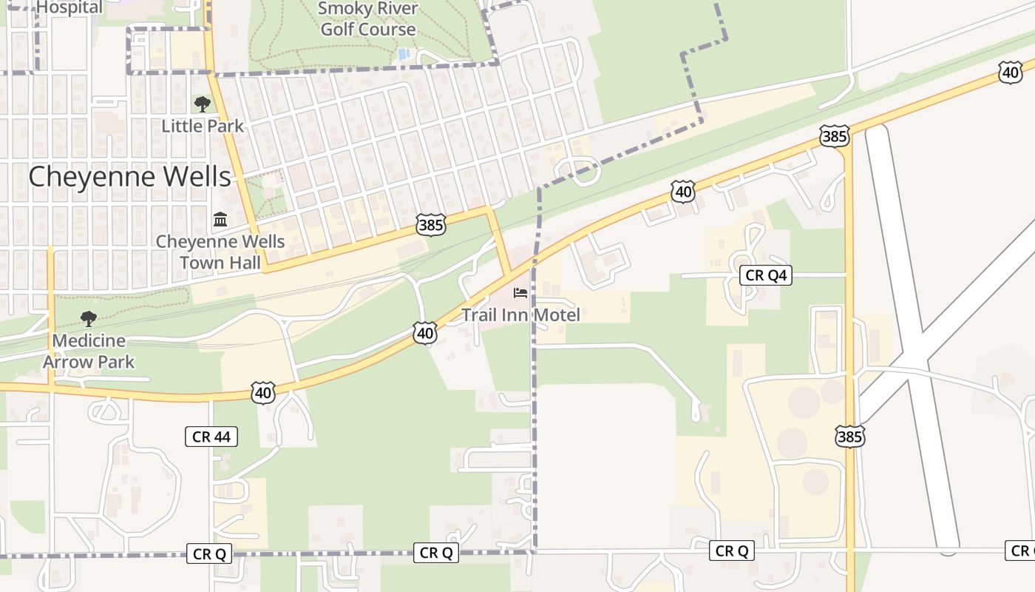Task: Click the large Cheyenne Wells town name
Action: tap(129, 177)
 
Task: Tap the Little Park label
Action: tap(203, 126)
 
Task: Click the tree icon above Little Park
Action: tap(202, 104)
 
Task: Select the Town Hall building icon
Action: tap(220, 220)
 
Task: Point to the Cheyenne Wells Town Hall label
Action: tap(220, 252)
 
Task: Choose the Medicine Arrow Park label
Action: tap(89, 351)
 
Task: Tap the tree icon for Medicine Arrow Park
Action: tap(89, 319)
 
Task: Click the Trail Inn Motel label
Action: tap(520, 314)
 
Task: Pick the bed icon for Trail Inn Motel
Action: tap(520, 293)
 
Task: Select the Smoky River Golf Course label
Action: tap(368, 19)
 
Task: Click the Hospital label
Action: tap(69, 7)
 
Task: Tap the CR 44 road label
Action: tap(211, 437)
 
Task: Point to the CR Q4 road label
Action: tap(766, 276)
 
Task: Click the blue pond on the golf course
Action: tap(403, 54)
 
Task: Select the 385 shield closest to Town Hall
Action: tap(431, 225)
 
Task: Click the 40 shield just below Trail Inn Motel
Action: tap(424, 334)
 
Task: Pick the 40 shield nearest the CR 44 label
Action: tap(263, 393)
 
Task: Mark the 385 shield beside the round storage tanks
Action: tap(849, 437)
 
